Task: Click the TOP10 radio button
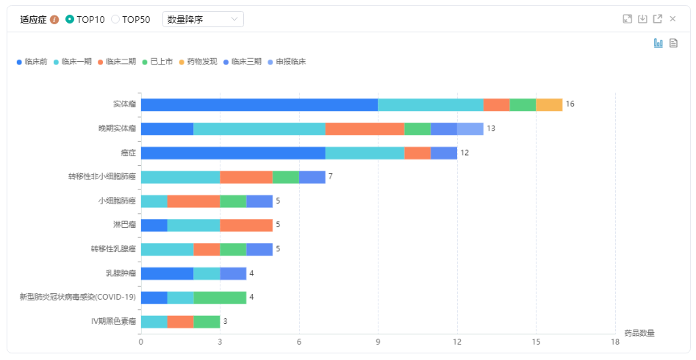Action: point(70,19)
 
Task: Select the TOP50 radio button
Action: point(115,19)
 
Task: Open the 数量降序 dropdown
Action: point(203,19)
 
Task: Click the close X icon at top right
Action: point(672,19)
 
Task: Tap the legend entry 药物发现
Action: point(198,62)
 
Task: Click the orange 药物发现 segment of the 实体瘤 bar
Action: point(549,104)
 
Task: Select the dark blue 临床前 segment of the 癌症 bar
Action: point(233,153)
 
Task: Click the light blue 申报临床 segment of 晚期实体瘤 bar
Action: point(470,129)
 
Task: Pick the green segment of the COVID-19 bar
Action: point(220,298)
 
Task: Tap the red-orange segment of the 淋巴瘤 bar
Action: point(246,225)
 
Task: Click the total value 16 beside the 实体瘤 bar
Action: point(570,104)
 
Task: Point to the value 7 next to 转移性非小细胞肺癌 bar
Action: point(331,177)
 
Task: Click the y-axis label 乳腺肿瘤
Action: point(121,273)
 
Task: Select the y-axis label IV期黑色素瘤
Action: point(113,322)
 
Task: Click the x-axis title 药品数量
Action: point(639,333)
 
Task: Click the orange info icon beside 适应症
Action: point(54,20)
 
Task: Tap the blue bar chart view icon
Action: point(659,43)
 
